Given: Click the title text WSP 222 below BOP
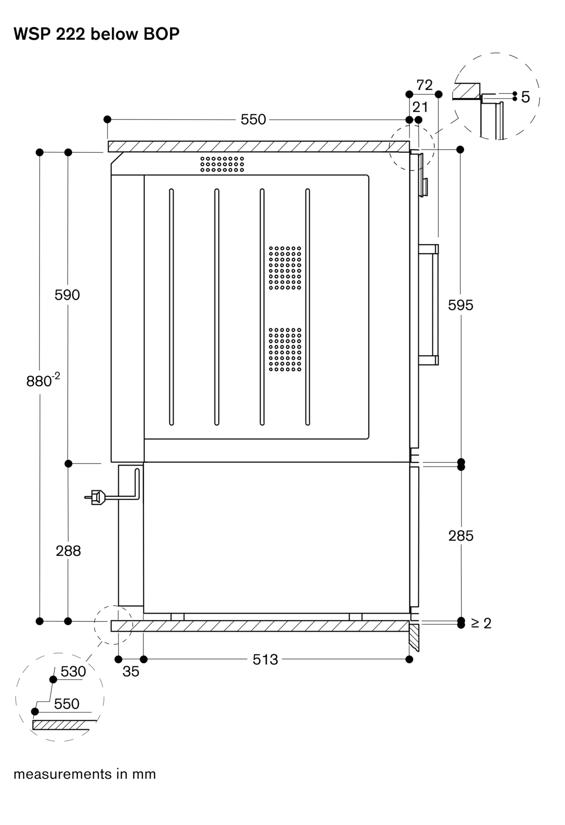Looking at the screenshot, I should tap(96, 34).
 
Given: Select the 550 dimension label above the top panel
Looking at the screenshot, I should tap(253, 120).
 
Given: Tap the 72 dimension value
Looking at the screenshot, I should tap(424, 85).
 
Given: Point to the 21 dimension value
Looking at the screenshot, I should tap(420, 107).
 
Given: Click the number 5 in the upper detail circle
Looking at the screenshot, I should tap(525, 97).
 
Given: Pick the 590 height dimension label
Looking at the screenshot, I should tap(67, 295).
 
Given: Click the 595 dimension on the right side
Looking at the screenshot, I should tap(461, 305).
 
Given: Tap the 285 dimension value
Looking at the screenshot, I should tap(461, 536).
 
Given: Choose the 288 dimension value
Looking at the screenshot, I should tap(68, 551).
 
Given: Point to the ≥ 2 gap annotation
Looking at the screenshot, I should tap(481, 623).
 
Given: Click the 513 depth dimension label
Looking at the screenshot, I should tap(265, 660).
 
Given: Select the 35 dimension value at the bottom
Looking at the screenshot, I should tap(131, 672).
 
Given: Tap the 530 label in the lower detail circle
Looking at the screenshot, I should tap(73, 672).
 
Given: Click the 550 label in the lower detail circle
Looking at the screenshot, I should tap(66, 704).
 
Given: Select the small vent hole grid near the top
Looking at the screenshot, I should tap(222, 164).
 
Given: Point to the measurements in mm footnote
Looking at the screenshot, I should tap(85, 774).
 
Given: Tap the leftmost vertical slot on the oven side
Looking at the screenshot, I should tap(171, 307).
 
